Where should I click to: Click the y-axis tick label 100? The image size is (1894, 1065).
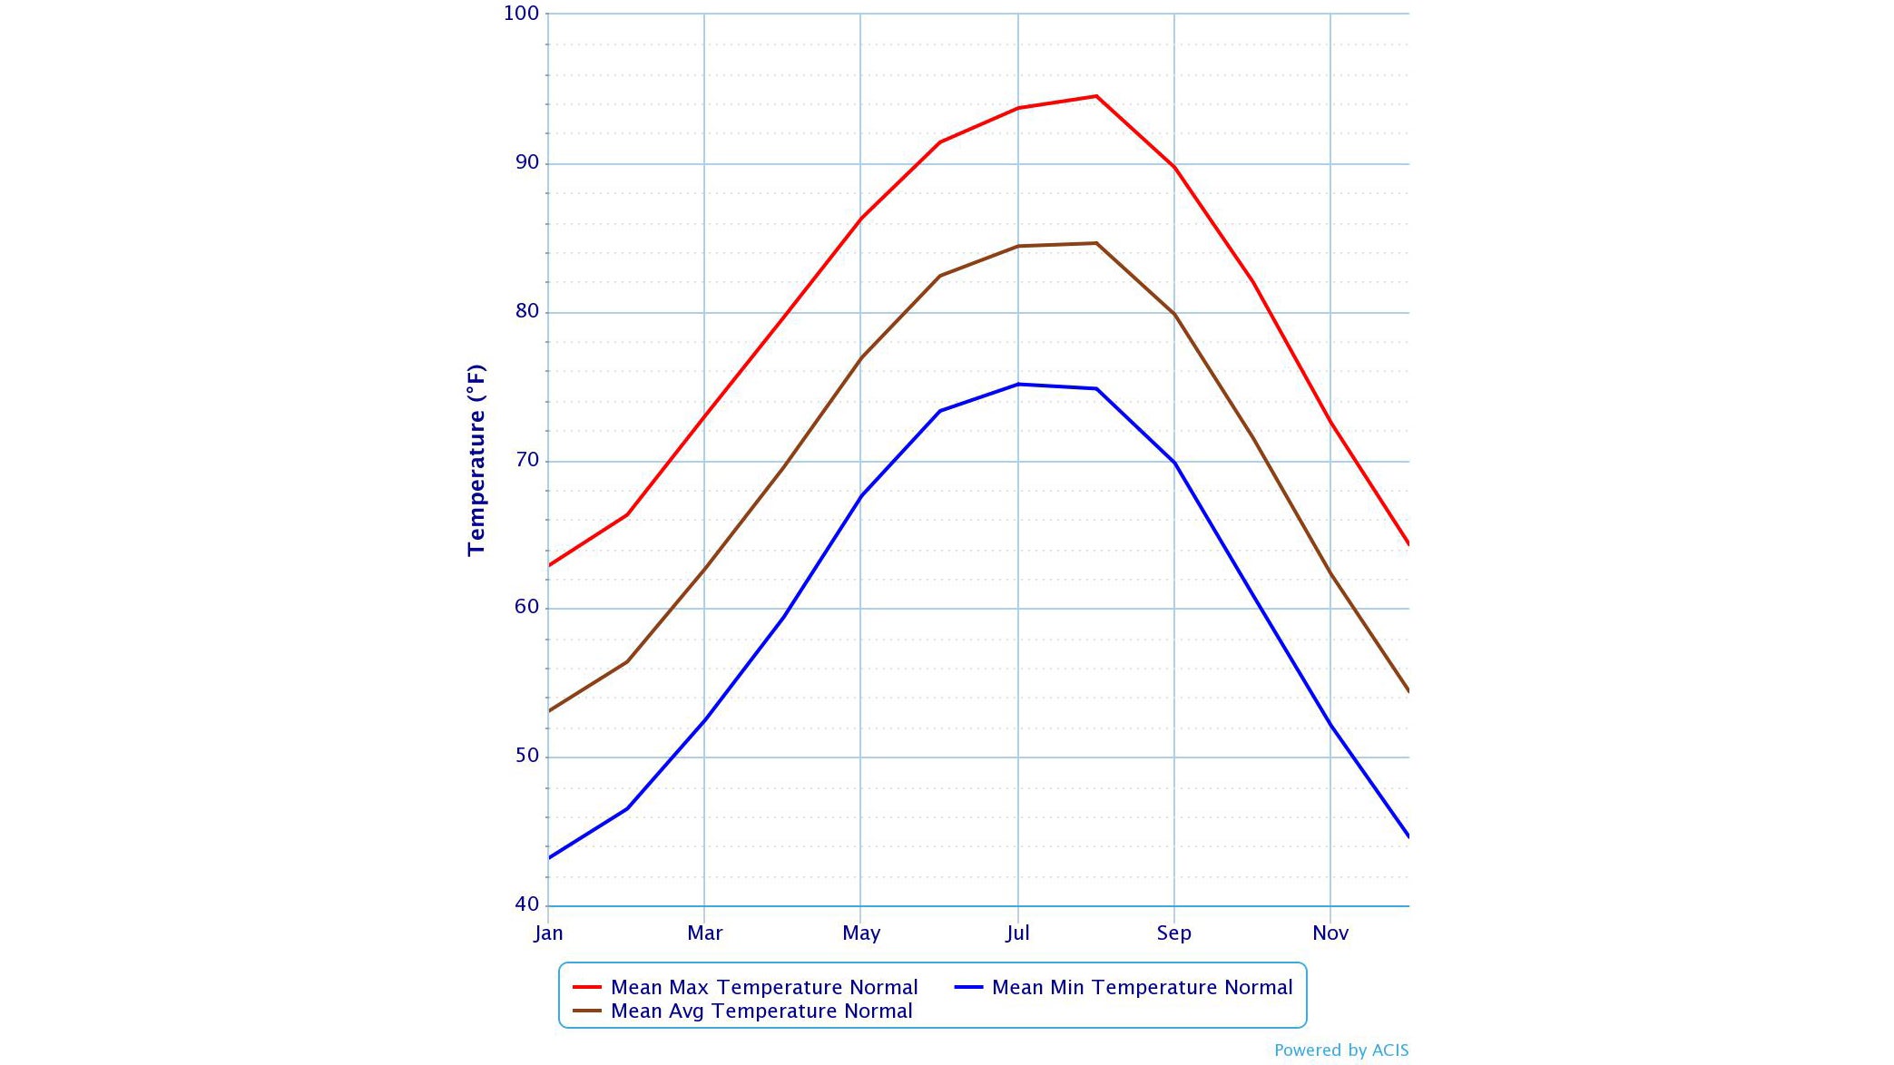521,14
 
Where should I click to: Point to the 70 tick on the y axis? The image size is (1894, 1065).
526,460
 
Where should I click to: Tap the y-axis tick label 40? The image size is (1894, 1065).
526,904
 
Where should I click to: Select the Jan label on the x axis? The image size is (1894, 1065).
548,933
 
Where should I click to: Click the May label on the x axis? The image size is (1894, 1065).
861,933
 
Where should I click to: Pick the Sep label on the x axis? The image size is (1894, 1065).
1173,933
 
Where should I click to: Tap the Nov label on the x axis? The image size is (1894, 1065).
1330,933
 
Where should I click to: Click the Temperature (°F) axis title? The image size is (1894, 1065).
476,460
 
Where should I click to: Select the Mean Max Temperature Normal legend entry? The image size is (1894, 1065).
763,987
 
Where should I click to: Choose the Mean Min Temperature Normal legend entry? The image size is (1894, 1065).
1142,987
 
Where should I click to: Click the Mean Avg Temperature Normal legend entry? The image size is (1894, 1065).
761,1011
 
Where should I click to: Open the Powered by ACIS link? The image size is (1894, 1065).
1341,1050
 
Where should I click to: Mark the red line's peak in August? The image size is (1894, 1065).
1096,96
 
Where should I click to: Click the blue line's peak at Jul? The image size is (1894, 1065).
1018,384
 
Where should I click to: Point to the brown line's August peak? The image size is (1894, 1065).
1096,243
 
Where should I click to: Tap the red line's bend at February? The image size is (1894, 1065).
627,514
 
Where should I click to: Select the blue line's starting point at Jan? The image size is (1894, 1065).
549,857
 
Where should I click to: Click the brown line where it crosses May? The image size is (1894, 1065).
860,357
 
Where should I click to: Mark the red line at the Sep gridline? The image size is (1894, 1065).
1174,167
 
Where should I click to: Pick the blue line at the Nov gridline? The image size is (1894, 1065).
1330,724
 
